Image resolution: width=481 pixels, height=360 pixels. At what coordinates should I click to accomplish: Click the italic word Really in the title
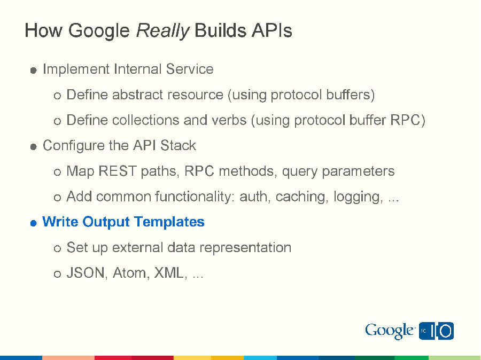pyautogui.click(x=162, y=30)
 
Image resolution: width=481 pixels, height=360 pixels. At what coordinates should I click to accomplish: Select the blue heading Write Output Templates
pyautogui.click(x=123, y=222)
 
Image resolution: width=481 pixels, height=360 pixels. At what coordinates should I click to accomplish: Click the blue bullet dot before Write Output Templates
pyautogui.click(x=33, y=223)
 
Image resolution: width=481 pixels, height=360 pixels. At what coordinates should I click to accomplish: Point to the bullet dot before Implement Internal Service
pyautogui.click(x=33, y=71)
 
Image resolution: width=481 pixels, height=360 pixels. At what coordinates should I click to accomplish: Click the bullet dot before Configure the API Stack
pyautogui.click(x=33, y=147)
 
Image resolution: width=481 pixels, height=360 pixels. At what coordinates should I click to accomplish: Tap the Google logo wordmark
pyautogui.click(x=390, y=331)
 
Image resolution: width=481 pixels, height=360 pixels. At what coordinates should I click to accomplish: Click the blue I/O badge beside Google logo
pyautogui.click(x=436, y=331)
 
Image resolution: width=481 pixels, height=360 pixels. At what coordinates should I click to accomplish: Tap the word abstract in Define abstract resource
pyautogui.click(x=137, y=95)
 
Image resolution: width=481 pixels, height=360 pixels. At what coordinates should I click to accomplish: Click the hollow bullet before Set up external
pyautogui.click(x=58, y=249)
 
